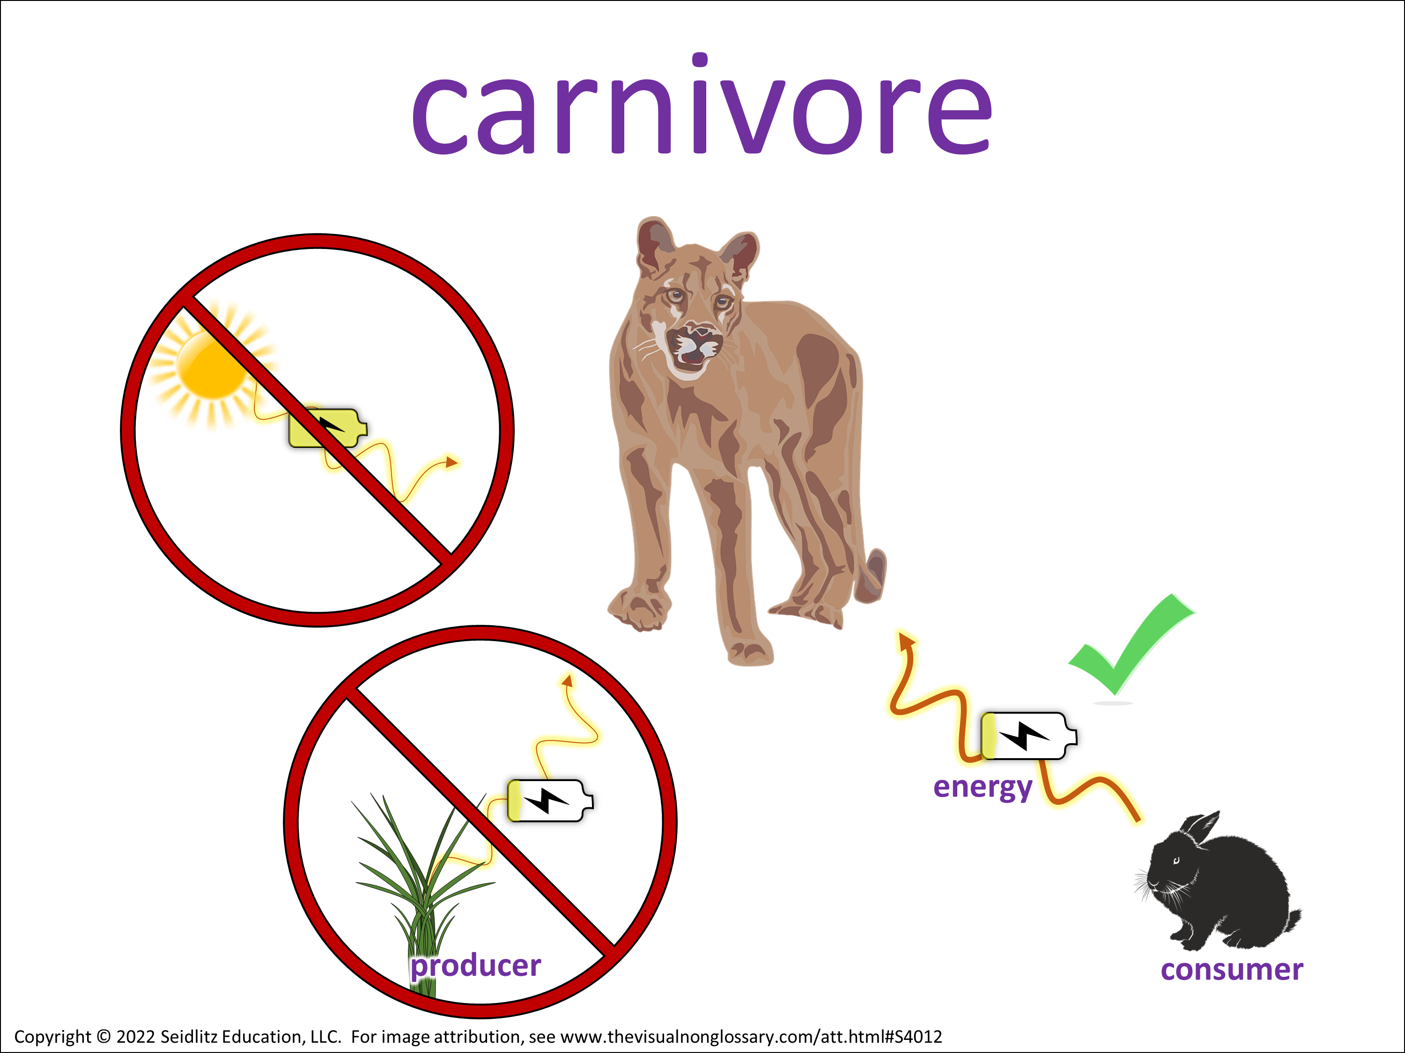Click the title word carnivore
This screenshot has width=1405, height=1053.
(x=702, y=105)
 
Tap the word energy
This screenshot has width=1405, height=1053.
(x=983, y=788)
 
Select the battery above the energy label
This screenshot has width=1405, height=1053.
(x=1029, y=736)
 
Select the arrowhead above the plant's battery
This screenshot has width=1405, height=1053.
(x=567, y=680)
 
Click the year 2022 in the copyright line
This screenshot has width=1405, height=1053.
(x=136, y=1037)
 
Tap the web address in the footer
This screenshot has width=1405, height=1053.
(x=751, y=1037)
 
